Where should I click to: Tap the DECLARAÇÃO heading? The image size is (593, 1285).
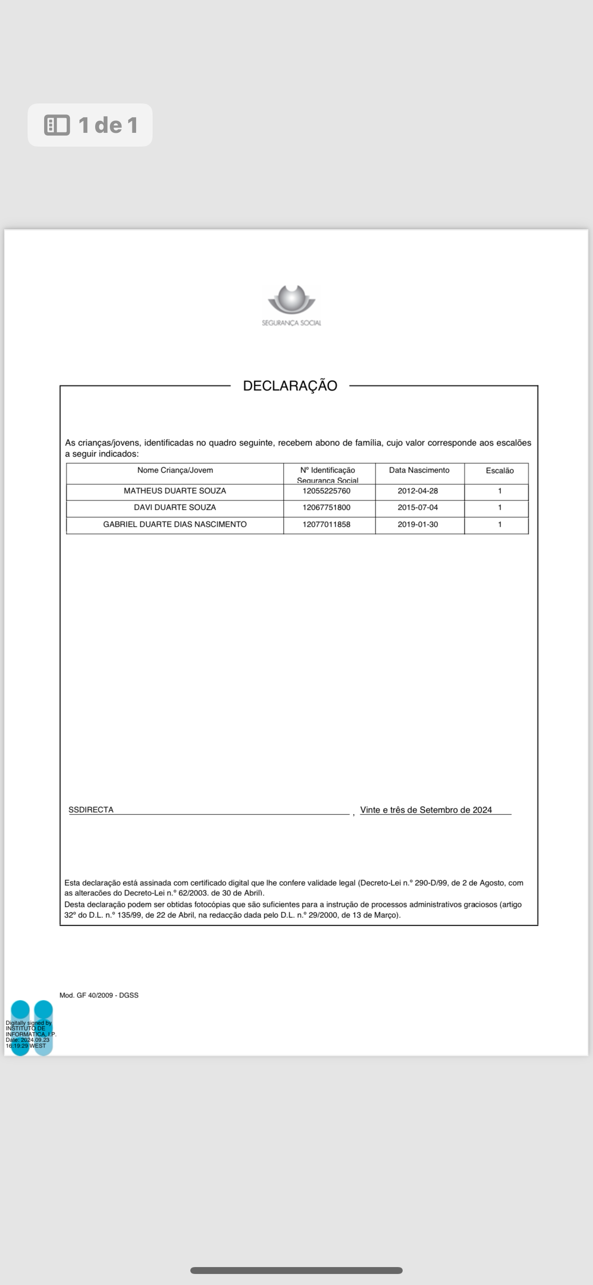(x=290, y=386)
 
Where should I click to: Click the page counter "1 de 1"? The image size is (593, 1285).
(x=91, y=125)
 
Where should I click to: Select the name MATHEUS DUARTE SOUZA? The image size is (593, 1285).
(x=175, y=491)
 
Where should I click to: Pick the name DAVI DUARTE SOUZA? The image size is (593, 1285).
(x=175, y=507)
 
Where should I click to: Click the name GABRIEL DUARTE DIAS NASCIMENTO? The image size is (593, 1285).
(x=175, y=524)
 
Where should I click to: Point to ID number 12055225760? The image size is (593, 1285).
(x=326, y=491)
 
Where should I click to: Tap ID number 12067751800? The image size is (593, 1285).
(x=326, y=507)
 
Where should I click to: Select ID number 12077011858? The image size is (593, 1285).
(x=326, y=524)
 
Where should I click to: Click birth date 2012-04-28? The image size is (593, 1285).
(x=418, y=491)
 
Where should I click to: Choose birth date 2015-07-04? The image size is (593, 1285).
(x=418, y=507)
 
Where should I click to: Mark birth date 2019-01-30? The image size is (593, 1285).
(x=418, y=524)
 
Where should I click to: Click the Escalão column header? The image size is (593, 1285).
(x=500, y=471)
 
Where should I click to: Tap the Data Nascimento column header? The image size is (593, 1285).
(x=419, y=470)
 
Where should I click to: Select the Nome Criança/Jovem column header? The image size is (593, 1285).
(x=175, y=470)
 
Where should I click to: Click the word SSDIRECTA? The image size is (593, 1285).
(x=91, y=810)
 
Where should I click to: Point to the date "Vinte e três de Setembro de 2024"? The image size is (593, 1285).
(x=426, y=810)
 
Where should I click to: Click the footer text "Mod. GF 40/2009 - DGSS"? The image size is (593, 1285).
(x=99, y=995)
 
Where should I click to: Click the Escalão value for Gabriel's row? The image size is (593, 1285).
(x=500, y=524)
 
